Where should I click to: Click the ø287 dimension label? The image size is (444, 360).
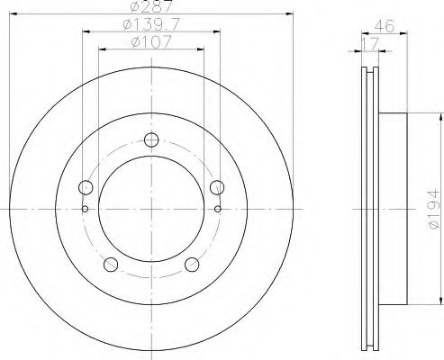pos(151,6)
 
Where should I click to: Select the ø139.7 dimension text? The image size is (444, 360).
pos(151,24)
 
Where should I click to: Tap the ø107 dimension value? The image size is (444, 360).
pos(151,41)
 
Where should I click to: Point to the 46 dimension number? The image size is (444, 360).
pos(384,26)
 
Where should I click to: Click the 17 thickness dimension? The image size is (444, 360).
pos(371,44)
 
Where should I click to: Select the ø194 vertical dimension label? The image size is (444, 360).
pos(434,209)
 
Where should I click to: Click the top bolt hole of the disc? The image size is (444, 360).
pos(151,139)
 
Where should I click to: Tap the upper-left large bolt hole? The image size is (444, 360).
pos(86,187)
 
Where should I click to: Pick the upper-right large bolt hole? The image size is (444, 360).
pos(217,187)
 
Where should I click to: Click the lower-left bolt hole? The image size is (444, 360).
pos(111,265)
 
